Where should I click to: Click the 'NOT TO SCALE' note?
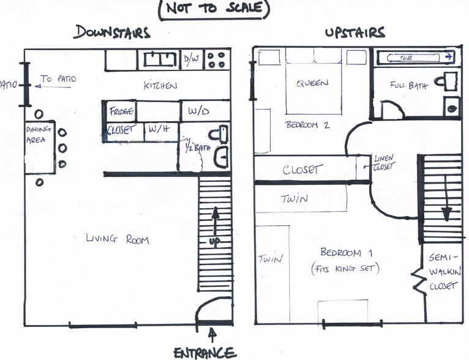pos(214,9)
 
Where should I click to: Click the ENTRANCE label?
pos(204,353)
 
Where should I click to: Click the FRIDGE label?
pos(121,111)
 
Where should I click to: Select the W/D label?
pos(199,112)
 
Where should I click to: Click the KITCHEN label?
pos(160,86)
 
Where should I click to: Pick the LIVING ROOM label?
pos(118,239)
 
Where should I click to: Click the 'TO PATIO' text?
pos(56,79)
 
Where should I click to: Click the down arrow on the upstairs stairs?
pos(447,202)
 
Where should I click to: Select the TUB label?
pos(406,58)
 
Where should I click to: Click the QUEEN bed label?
pos(313,84)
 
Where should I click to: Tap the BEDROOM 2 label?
pos(307,125)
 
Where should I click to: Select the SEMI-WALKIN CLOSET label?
pos(445,272)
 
